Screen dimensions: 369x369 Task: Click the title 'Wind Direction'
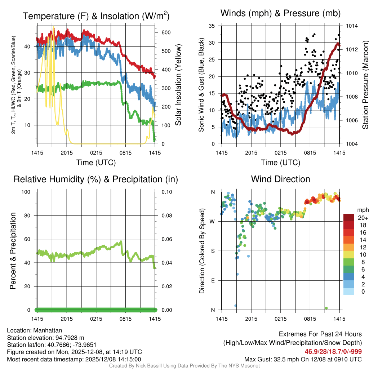coord(280,179)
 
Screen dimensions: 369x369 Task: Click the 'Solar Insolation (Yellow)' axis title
coord(178,85)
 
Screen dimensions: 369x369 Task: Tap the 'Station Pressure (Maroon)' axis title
coord(365,85)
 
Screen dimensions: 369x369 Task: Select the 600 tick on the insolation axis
coord(166,32)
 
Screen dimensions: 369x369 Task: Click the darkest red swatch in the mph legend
coord(349,218)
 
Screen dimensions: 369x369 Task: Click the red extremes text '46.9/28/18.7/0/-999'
coord(333,352)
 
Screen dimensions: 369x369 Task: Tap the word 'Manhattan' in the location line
coord(47,330)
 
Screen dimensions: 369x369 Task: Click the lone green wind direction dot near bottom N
coord(326,308)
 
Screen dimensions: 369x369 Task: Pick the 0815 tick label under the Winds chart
coord(310,153)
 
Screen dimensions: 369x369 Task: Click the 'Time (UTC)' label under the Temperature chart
coord(96,163)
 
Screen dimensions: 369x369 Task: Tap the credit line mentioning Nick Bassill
coord(184,366)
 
